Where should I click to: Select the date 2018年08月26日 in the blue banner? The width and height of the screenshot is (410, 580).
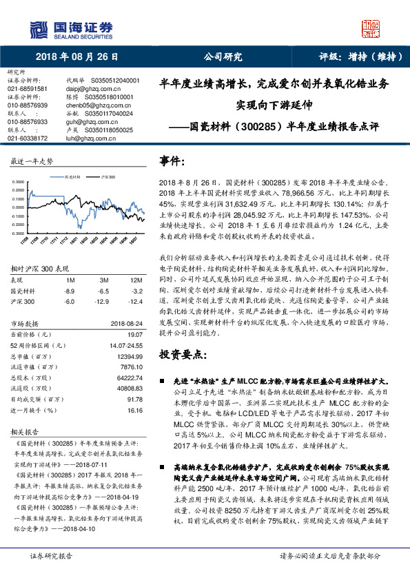point(77,57)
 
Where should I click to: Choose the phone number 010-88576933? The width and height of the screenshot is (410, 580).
point(28,121)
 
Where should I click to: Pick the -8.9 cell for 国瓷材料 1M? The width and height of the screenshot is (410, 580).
point(70,291)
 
